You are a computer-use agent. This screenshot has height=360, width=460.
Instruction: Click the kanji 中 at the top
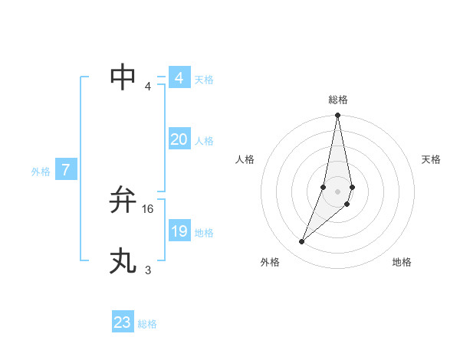coord(123,77)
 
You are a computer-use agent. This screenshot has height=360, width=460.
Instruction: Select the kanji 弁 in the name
coord(123,200)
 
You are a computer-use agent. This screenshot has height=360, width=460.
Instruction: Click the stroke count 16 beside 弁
coord(148,208)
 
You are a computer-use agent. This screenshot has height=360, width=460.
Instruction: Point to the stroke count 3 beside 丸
coord(148,270)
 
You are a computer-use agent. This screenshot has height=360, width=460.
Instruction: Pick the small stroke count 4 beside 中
coord(148,86)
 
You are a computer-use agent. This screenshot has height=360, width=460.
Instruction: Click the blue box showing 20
coord(179,139)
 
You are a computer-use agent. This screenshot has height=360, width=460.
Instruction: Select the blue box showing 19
coord(179,231)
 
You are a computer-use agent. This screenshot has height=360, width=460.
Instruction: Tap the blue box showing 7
coord(66,170)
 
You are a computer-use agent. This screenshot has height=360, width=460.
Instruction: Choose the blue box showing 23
coord(123,322)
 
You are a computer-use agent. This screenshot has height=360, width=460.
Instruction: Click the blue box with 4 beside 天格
coord(179,78)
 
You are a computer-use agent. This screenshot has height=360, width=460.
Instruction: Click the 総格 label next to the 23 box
coord(147,324)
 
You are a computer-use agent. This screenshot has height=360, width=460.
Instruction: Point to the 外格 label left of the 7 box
coord(41,172)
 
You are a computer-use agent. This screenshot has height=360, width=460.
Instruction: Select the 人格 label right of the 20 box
coord(204,141)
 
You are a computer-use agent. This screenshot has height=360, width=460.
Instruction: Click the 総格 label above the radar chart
coord(338,100)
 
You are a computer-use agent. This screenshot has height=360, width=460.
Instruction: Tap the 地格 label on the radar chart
coord(402,262)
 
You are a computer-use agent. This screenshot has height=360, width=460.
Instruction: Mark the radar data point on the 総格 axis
coord(337,116)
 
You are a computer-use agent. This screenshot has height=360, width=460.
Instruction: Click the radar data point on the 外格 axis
coord(302,242)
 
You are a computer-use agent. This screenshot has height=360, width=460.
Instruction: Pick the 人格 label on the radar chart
coord(245,159)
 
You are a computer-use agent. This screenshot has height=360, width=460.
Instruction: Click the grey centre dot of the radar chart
coord(337,191)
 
